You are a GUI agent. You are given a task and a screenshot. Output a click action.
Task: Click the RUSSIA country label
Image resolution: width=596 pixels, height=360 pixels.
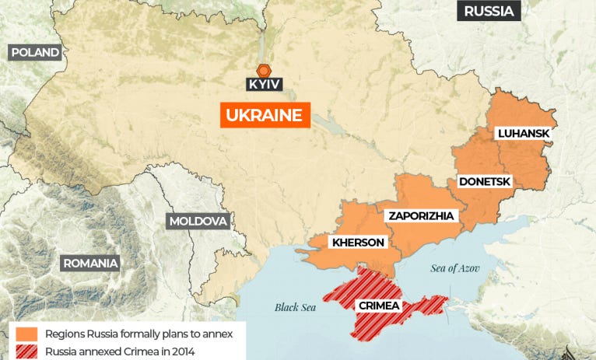click(489, 11)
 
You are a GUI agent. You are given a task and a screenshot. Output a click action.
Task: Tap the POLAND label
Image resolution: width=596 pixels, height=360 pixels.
click(34, 52)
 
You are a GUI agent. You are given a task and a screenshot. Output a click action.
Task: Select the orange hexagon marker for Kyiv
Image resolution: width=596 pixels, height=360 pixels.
click(264, 68)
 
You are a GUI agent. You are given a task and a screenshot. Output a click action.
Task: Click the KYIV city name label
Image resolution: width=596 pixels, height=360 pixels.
click(264, 84)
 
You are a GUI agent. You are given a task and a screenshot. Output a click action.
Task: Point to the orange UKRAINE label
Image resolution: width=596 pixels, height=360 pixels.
click(265, 115)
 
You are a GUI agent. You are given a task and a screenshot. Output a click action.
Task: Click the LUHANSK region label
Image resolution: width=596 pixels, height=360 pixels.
click(524, 133)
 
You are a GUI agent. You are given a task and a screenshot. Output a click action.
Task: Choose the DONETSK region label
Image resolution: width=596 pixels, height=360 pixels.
click(484, 181)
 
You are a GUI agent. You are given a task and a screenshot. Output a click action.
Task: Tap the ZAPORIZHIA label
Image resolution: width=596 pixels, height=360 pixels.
click(421, 215)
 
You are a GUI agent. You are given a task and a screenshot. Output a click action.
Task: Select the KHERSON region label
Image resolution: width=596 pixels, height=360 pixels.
click(358, 242)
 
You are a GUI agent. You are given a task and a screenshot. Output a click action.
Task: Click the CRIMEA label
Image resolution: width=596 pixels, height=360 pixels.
click(379, 306)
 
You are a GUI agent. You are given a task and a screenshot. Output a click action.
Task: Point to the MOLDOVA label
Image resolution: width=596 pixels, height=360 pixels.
click(198, 221)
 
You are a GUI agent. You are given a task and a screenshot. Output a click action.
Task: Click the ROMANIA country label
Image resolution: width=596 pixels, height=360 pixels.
click(90, 263)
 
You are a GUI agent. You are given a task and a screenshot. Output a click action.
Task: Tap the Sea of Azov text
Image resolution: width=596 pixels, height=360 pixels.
click(455, 268)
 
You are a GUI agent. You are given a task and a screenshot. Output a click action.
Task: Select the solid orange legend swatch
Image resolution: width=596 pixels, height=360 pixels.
click(26, 334)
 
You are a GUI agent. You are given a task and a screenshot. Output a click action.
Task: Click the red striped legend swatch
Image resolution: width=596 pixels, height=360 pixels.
click(26, 351)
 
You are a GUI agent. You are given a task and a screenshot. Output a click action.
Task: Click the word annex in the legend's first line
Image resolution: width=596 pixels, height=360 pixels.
click(226, 334)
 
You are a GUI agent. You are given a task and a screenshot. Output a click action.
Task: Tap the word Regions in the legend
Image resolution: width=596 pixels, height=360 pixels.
click(66, 334)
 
